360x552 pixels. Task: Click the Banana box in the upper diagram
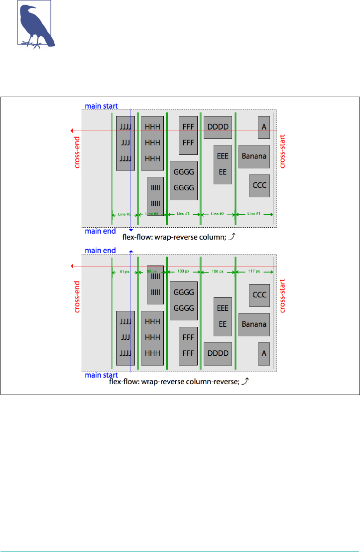[x=254, y=156]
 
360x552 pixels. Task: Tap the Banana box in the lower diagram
[x=254, y=324]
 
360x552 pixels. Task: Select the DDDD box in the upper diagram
[x=218, y=127]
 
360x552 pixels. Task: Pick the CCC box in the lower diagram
[x=259, y=295]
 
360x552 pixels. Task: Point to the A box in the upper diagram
[x=264, y=127]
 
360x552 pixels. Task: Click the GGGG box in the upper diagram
[x=184, y=180]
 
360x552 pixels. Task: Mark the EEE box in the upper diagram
[x=223, y=164]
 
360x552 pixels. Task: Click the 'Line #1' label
[x=254, y=214]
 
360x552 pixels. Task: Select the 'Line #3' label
[x=183, y=214]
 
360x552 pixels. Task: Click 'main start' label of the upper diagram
[x=100, y=106]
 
